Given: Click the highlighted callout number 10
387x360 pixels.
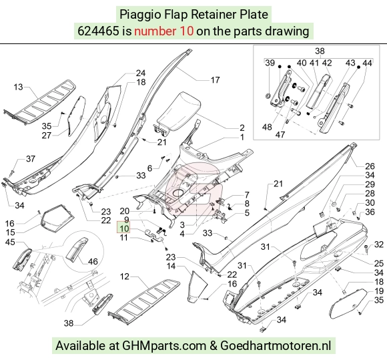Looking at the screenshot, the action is point(124,228).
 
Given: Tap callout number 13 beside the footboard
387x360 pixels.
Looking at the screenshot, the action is point(18,87).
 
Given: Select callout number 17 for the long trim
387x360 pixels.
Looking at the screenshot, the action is point(216,79).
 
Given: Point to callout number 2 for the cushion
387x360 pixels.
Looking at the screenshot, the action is point(242,128).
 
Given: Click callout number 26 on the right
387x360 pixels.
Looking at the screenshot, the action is point(370,166).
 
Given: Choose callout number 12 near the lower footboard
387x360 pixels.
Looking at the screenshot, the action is point(125,277).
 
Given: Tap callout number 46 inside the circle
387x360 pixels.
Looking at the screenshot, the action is point(93,261).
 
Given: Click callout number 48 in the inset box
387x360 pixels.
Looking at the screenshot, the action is point(267,127).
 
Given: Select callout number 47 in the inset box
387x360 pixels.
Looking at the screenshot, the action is point(280,135).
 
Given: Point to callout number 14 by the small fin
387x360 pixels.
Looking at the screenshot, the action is point(171,266).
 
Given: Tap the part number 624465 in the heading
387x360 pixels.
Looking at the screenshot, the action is point(98,31).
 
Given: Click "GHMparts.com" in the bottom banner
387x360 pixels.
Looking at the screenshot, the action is point(164,345).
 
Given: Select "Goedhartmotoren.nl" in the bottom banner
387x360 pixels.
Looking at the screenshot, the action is point(276,345).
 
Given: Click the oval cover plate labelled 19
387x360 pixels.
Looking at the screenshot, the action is point(348,304).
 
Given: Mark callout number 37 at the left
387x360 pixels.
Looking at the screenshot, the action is point(31,159).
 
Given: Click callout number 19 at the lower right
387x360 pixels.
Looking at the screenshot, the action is point(379,291).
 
